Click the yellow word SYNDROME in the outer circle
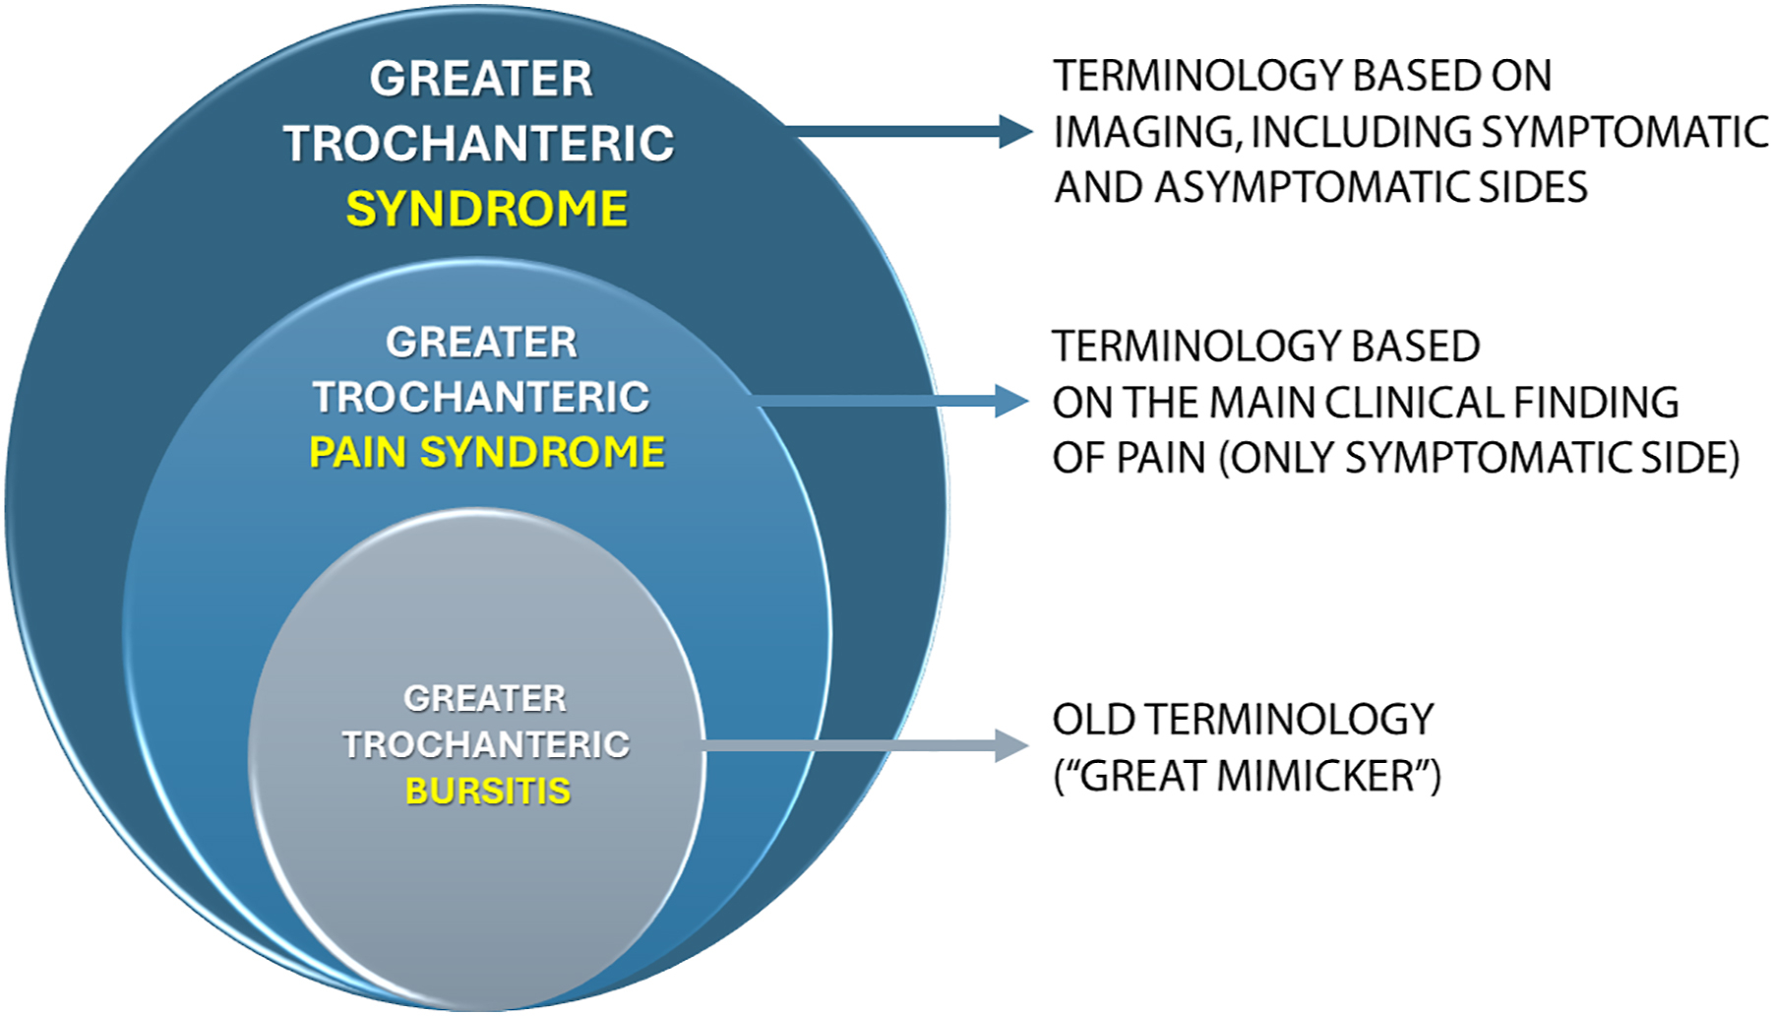tap(486, 209)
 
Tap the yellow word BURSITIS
tap(488, 791)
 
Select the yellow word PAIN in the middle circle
tap(357, 453)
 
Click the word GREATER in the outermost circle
tap(481, 79)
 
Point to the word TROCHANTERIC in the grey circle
tap(485, 744)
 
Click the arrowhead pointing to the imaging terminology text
tap(1015, 131)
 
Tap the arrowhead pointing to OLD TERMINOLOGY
tap(1011, 745)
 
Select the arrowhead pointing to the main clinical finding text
tap(1011, 401)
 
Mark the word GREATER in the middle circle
tap(481, 343)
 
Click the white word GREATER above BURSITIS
tap(485, 698)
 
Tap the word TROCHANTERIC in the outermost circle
tap(479, 144)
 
